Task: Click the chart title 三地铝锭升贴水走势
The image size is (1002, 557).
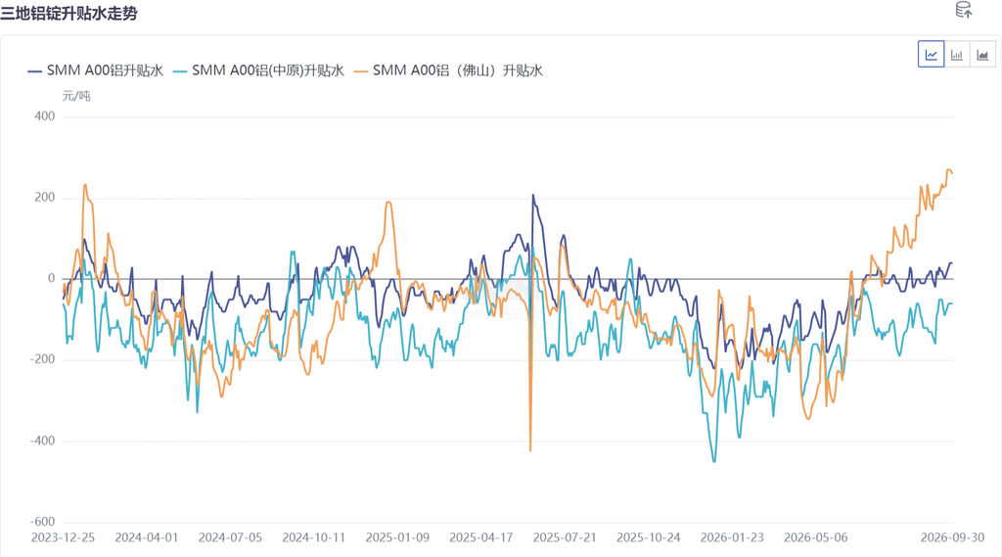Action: tap(68, 14)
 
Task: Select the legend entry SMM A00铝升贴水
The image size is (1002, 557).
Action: tap(95, 70)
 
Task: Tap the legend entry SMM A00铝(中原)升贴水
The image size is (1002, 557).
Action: tap(258, 70)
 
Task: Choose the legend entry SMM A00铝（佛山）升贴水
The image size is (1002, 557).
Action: tap(448, 70)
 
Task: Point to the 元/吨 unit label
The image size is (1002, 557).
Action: tap(76, 96)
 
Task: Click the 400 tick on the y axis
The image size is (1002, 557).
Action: tap(45, 116)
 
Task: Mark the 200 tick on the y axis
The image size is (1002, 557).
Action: tap(45, 198)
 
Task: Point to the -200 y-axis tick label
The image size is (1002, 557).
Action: tap(42, 359)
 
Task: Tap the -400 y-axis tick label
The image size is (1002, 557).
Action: tap(42, 441)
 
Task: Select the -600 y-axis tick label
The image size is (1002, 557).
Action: tap(42, 522)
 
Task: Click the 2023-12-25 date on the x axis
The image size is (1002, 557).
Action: tap(63, 537)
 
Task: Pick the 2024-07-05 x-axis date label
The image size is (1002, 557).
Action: tap(230, 537)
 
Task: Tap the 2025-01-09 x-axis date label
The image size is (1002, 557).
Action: tap(397, 537)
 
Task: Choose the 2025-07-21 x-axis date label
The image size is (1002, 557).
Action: tap(565, 537)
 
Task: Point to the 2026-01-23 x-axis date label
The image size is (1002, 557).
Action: tap(732, 537)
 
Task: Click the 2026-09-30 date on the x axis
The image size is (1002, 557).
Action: tap(952, 537)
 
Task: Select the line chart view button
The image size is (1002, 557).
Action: tap(932, 55)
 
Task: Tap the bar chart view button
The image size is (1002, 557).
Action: tap(957, 55)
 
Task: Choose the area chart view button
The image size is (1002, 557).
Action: tap(982, 55)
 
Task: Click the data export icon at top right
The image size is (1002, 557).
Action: tap(964, 10)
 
